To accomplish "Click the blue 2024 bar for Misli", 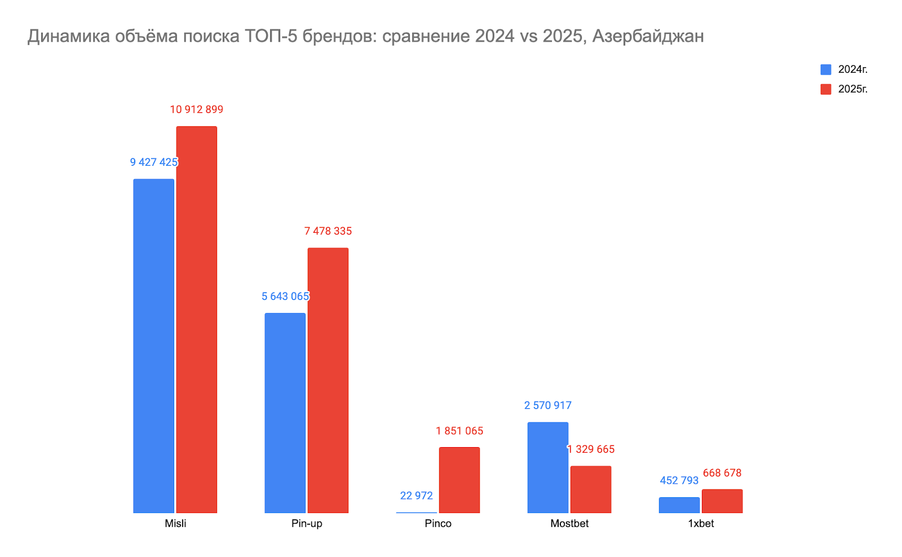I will coord(153,346).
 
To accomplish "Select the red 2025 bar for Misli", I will coord(196,319).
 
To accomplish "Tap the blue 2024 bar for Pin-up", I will coord(285,413).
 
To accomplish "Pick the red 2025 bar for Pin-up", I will coord(328,380).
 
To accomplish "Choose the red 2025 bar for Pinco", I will coord(459,480).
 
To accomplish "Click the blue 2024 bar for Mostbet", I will coord(547,467).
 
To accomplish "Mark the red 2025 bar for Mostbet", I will coord(590,489).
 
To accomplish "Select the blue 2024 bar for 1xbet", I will coord(679,505).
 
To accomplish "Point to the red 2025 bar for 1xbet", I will coord(722,501).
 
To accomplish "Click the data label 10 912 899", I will coord(196,109).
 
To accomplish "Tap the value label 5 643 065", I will coord(285,297).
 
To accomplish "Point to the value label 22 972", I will coord(416,496).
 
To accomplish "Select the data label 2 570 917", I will coord(547,405).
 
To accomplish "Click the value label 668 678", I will coord(722,473).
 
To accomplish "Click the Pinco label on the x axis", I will coord(438,524).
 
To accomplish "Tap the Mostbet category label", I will coord(569,524).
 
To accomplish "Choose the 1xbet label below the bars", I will coord(701,524).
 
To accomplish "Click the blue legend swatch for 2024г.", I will coord(826,70).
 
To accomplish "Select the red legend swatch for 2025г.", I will coord(826,89).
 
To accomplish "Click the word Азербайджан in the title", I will coord(648,36).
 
